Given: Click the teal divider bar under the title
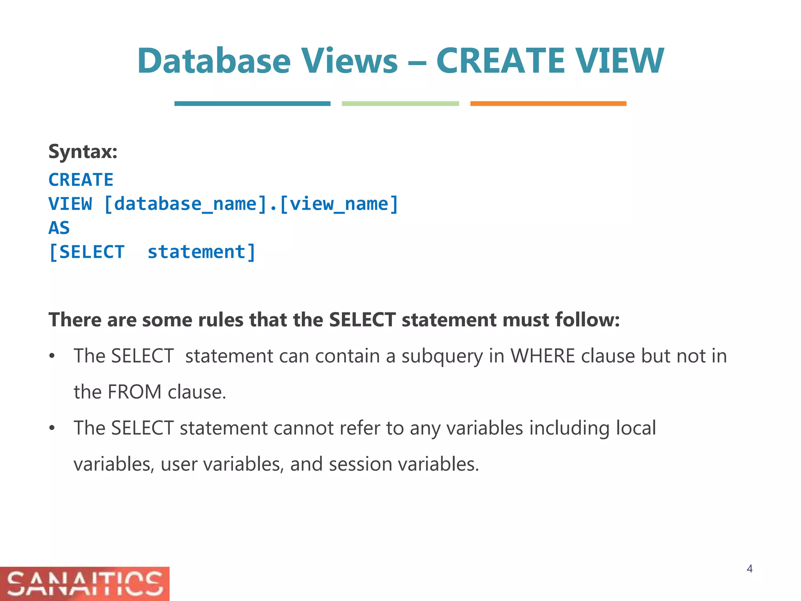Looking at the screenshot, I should (x=252, y=104).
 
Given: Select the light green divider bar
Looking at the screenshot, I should (x=400, y=104).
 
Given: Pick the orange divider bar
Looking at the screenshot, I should (x=548, y=104).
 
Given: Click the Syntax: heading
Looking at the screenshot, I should (x=83, y=152).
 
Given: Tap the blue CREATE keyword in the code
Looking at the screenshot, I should (x=81, y=180).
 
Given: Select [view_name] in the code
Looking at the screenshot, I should (x=339, y=204).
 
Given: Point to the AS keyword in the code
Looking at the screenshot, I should (x=59, y=228).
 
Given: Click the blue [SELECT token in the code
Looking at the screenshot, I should (x=87, y=252).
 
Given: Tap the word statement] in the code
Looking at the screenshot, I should (x=201, y=252).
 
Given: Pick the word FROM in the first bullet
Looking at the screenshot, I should (x=134, y=392).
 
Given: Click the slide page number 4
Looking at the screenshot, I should (x=749, y=569).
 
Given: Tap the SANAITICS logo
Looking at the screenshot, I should (x=84, y=584).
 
